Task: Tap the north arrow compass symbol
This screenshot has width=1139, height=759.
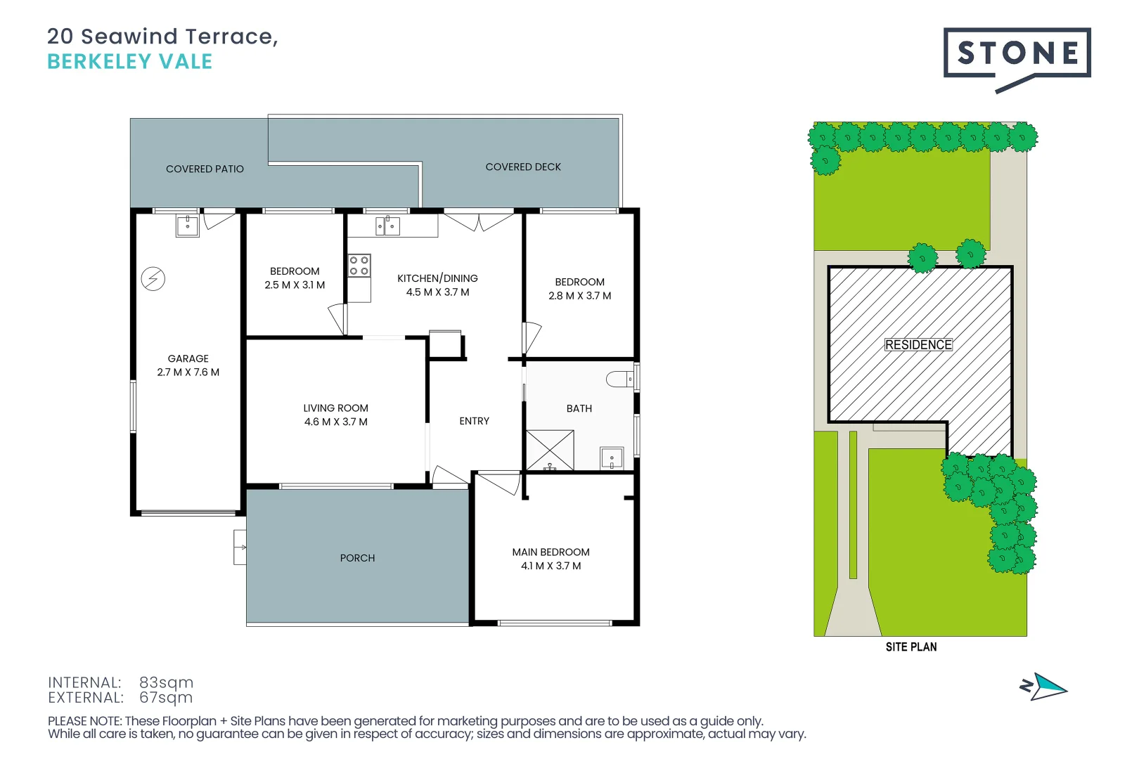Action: (x=1044, y=687)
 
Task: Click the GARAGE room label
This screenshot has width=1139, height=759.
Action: (x=188, y=358)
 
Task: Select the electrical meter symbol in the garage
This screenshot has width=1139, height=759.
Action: (x=153, y=279)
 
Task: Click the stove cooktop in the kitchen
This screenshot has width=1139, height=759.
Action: (x=359, y=266)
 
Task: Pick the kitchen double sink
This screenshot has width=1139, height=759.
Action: (x=387, y=226)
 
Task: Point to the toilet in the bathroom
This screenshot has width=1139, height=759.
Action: (x=620, y=379)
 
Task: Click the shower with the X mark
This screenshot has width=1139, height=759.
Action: (x=550, y=450)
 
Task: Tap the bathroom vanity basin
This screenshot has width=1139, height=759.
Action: (x=612, y=458)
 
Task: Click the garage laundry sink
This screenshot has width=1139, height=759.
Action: (x=188, y=226)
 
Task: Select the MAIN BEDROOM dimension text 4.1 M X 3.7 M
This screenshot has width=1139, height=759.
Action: (x=551, y=566)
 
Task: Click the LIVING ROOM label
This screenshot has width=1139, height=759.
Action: (x=335, y=408)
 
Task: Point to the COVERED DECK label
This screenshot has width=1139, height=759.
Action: (x=523, y=167)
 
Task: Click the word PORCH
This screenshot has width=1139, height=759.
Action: (x=357, y=558)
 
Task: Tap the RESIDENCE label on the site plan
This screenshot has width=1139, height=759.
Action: (x=918, y=345)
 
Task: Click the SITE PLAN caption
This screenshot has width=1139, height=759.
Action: (x=910, y=647)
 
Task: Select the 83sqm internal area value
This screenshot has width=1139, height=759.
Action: (x=166, y=682)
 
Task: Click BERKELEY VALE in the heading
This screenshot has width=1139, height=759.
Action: (x=129, y=62)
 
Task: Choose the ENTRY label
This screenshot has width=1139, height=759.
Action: (x=474, y=421)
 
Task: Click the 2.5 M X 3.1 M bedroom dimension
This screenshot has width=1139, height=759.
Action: (x=295, y=285)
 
